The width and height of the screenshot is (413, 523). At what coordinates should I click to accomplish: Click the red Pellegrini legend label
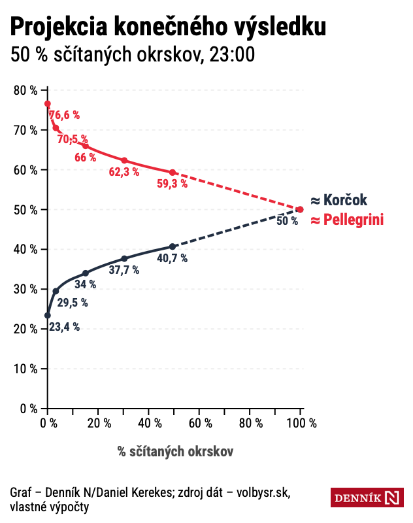346,220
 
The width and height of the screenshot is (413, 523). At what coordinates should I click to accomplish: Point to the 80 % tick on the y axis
25,90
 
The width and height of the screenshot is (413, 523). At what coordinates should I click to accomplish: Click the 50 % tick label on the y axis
25,210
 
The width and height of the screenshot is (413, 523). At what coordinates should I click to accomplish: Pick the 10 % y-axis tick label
25,369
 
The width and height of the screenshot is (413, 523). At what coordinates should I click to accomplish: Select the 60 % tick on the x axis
199,423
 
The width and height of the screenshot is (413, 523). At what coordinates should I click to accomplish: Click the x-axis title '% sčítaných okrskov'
175,451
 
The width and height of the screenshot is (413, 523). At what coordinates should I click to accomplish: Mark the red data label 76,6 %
65,115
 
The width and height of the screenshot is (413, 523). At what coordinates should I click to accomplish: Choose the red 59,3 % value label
173,184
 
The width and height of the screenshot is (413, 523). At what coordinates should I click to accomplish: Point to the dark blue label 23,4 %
65,327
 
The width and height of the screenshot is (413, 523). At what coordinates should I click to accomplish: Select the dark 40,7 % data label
173,258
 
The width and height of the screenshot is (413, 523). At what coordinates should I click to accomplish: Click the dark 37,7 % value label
124,270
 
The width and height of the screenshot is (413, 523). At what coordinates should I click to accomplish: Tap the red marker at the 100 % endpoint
300,209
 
